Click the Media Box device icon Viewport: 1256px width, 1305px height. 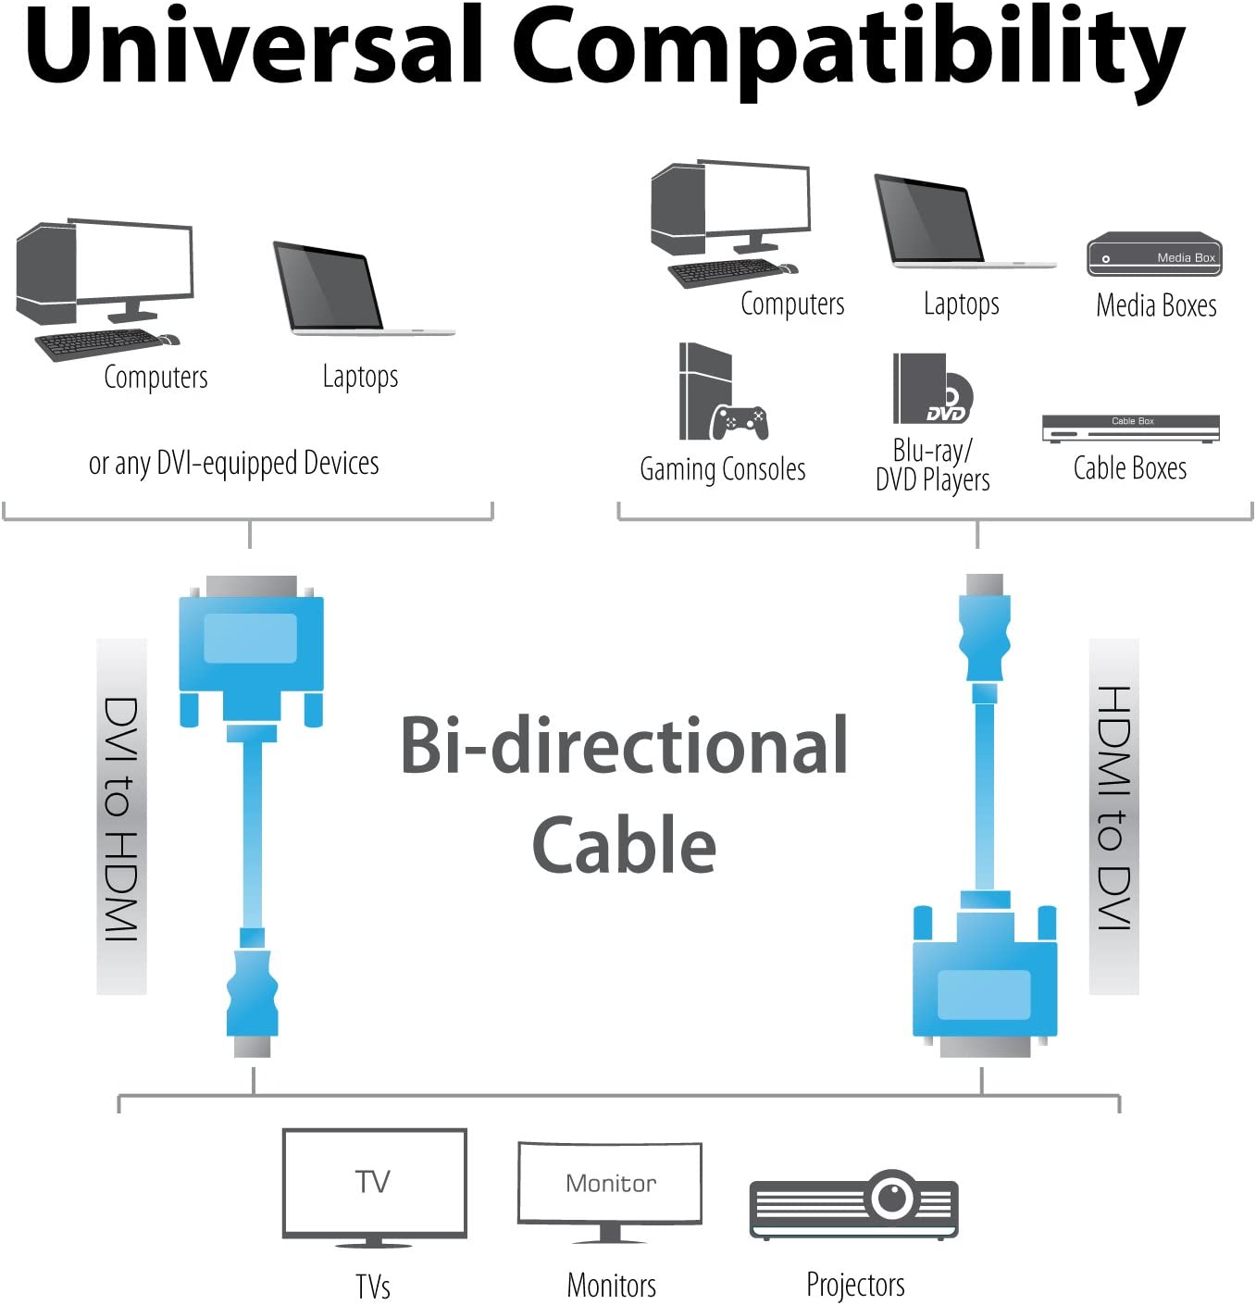coord(1154,255)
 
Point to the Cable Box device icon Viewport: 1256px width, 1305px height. coord(1130,428)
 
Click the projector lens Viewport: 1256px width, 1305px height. coord(892,1197)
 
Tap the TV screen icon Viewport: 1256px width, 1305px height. coord(374,1182)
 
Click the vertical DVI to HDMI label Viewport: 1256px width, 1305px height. coord(121,817)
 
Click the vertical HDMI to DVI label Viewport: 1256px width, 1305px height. coord(1113,808)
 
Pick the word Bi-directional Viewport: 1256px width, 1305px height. coord(625,745)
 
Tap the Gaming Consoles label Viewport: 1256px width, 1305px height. coord(723,469)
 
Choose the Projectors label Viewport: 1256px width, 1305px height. coord(855,1284)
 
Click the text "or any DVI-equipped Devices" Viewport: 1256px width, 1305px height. coord(233,463)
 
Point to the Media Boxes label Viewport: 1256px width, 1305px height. coord(1156,304)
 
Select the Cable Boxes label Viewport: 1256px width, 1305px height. coord(1130,468)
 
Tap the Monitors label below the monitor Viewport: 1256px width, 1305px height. coord(611,1285)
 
